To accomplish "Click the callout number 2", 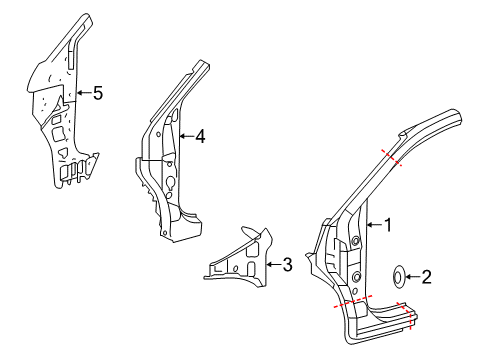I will click(x=426, y=277).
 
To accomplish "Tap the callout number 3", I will click(x=288, y=264).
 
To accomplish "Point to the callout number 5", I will click(x=97, y=93).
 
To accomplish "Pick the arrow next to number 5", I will click(x=82, y=93).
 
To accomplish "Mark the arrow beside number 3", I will click(x=274, y=264).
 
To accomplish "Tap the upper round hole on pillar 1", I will click(x=354, y=243).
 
